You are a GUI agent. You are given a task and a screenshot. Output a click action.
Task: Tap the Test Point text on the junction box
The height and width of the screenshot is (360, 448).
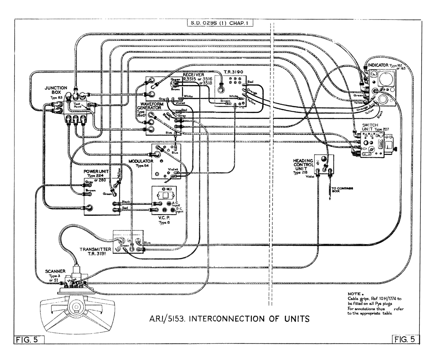point(77,105)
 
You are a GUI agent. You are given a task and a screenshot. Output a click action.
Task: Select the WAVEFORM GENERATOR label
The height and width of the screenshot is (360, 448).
point(150,106)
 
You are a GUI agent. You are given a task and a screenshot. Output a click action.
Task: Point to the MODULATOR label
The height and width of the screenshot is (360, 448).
point(141,161)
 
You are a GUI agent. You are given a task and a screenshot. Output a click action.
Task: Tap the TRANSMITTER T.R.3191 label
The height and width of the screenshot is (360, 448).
point(95,251)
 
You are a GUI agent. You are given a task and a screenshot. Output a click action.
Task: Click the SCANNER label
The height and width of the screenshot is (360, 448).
point(55,271)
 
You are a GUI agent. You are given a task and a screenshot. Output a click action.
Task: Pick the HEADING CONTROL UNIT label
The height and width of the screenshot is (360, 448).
point(303,164)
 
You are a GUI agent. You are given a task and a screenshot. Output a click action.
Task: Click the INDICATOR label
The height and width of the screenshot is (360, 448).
point(378,65)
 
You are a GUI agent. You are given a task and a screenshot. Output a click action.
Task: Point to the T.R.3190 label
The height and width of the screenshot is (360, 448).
point(233,72)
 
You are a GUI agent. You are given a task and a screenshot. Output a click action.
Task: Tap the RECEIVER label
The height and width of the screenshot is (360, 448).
point(193,75)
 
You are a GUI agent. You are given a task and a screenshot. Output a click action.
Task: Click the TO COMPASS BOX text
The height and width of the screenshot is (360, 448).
point(342,190)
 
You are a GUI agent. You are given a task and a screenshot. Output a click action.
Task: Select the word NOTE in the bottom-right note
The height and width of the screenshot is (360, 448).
point(354,294)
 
